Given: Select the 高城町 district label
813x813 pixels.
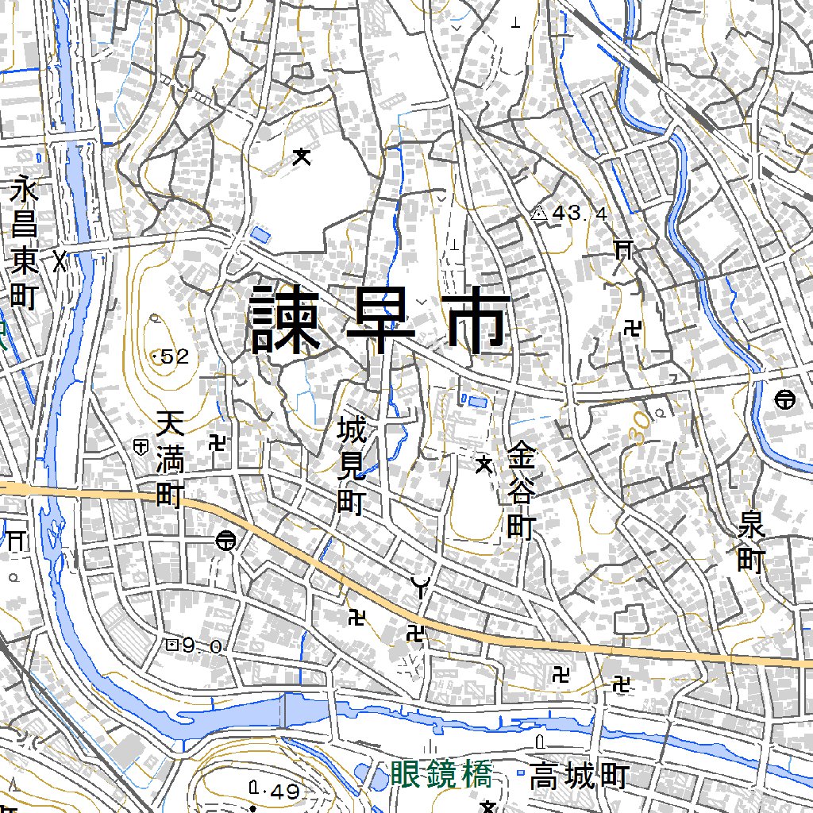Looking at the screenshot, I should coord(580,776).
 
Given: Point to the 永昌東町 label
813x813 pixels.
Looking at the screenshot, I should coord(25,245).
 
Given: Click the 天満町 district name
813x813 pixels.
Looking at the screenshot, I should coord(169,460).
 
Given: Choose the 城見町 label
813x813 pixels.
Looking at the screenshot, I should coord(350,468).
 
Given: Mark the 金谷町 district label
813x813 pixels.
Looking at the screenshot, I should coord(522,491).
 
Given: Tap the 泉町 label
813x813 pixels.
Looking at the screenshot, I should coord(750,543).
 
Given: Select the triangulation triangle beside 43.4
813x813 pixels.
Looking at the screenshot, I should coord(539,213).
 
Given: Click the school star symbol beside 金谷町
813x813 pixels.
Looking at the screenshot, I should coord(483,465).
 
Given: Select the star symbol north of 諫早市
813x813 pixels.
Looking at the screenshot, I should coord(301,157).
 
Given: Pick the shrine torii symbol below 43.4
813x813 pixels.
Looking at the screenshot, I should coord(623,251).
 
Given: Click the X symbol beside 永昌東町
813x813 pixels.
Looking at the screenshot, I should coord(60,260).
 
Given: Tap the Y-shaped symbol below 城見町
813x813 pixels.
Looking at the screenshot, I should coord(420,588).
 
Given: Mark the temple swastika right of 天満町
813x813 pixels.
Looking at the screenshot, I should coord(217,441).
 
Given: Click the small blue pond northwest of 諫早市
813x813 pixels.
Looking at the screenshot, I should coord(259,235).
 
